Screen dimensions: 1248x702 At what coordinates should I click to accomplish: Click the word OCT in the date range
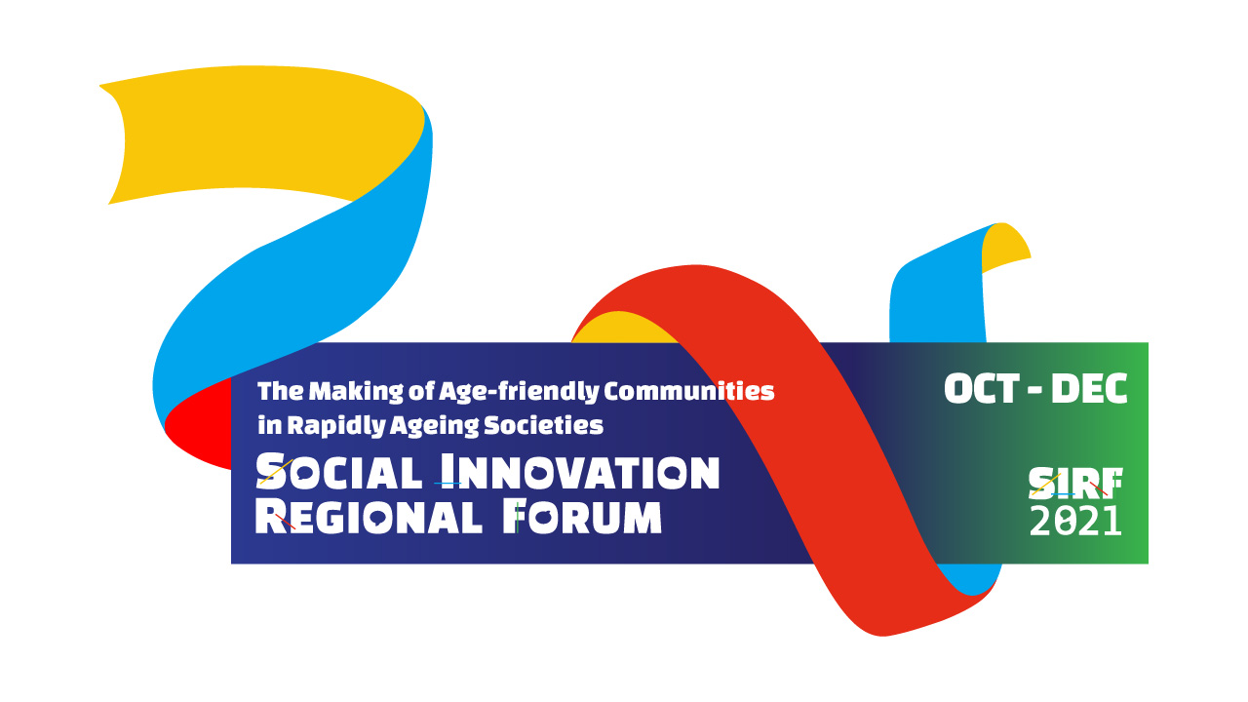click(x=982, y=388)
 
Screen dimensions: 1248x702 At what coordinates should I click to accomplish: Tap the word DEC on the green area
click(x=1089, y=388)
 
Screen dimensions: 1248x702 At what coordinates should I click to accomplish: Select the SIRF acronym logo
click(x=1075, y=484)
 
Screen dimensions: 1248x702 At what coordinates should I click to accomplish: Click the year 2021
click(x=1075, y=521)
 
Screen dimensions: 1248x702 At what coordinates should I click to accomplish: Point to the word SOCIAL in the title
click(x=338, y=472)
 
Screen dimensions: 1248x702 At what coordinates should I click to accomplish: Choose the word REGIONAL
click(x=369, y=517)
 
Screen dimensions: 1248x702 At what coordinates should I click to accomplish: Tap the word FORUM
click(x=582, y=517)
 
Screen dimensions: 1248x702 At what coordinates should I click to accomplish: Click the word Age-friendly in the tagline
click(x=519, y=392)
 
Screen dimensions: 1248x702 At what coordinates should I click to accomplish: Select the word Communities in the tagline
click(x=689, y=391)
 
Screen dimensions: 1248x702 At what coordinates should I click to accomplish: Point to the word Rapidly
click(x=336, y=426)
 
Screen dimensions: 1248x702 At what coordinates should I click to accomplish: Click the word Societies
click(x=543, y=425)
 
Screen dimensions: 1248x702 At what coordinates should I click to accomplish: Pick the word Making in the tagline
click(x=356, y=392)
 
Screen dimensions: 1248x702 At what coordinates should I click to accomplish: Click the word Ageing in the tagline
click(x=434, y=427)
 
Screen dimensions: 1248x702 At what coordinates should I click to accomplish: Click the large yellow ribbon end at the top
click(x=262, y=134)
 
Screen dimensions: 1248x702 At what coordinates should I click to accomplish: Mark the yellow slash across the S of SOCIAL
click(x=276, y=471)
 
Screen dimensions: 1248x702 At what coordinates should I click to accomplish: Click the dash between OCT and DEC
click(x=1035, y=389)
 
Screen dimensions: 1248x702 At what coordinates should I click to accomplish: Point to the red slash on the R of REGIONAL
click(x=286, y=522)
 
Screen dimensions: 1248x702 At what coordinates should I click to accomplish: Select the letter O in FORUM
click(x=541, y=517)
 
